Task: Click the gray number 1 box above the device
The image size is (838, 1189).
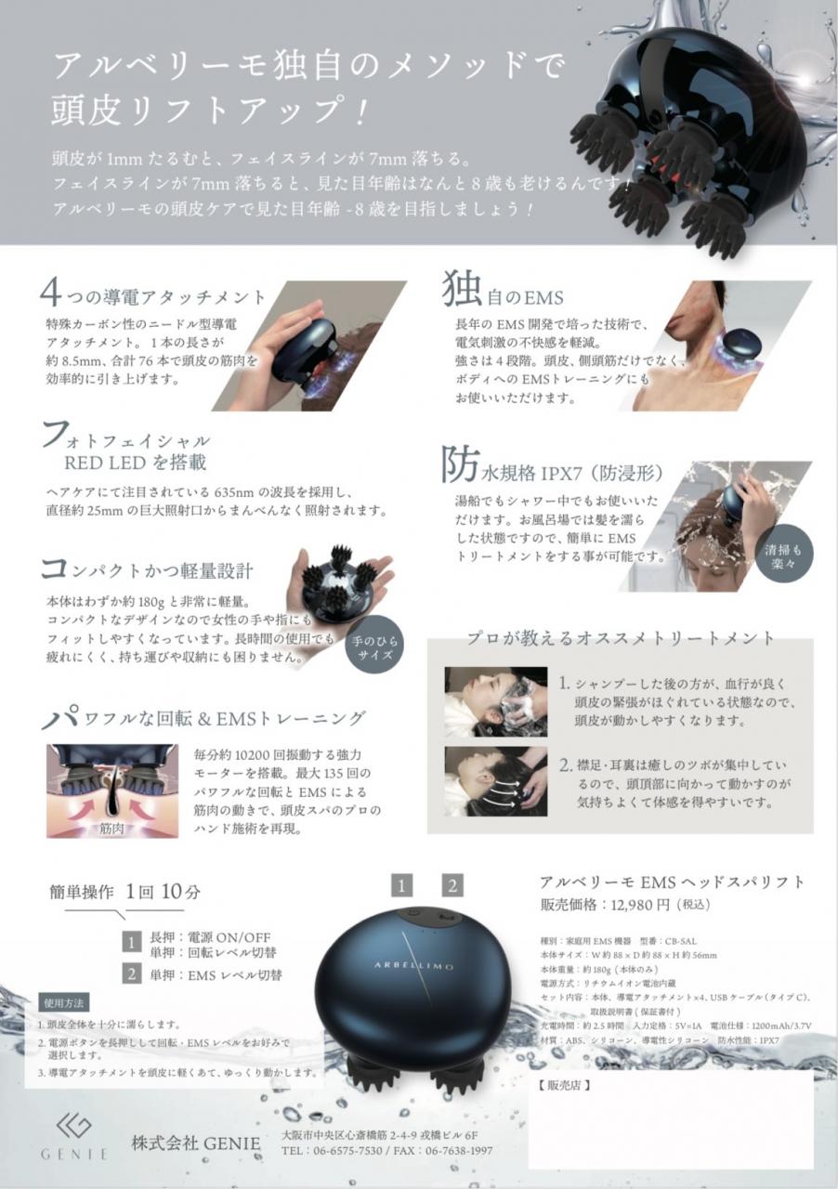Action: (x=401, y=885)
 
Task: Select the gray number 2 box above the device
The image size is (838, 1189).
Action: (x=452, y=885)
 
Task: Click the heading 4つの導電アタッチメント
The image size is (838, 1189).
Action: (x=153, y=296)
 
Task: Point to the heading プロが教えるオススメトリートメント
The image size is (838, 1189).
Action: (x=620, y=639)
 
